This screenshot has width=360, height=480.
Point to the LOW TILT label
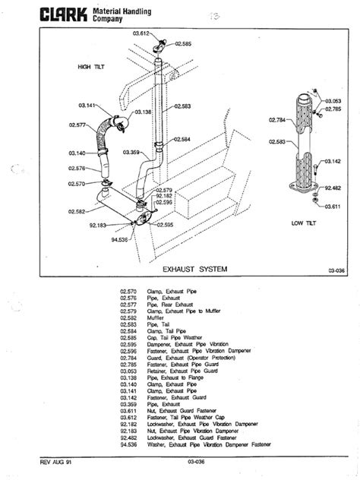point(303,223)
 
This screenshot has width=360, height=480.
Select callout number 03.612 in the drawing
point(143,34)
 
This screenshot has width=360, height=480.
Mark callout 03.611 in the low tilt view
point(332,205)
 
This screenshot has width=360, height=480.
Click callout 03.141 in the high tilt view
point(87,105)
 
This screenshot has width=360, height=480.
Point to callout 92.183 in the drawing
point(97,225)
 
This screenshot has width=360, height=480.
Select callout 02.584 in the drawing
point(182,139)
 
